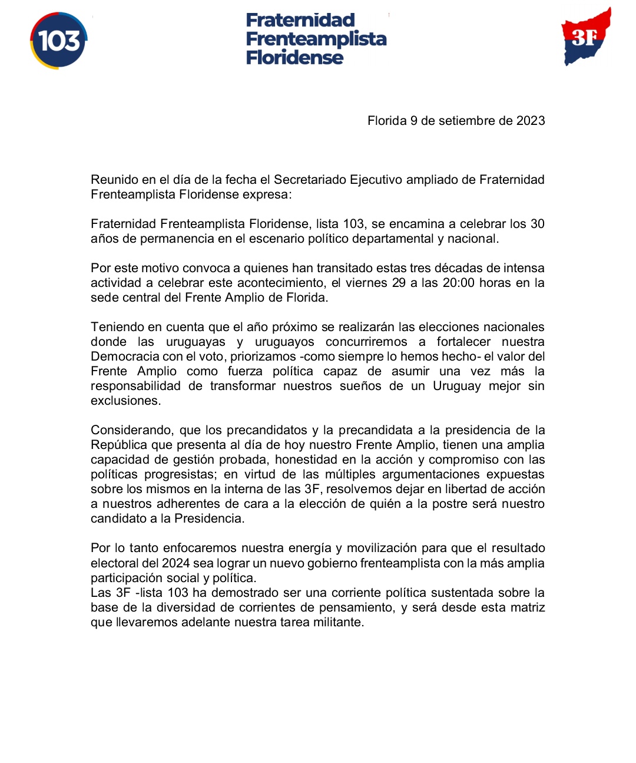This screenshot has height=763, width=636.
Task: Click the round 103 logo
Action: (x=58, y=41)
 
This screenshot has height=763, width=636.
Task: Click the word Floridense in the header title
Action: (x=294, y=58)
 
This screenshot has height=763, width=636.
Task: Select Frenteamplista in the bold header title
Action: (x=316, y=39)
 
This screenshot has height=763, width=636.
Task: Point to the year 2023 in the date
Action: (x=531, y=121)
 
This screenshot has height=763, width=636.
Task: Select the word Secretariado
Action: (x=310, y=180)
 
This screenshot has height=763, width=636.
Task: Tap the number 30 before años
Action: (x=537, y=224)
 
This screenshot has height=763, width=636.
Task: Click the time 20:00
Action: (x=458, y=283)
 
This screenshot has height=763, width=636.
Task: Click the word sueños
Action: (x=360, y=386)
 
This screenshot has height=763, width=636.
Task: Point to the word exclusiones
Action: (x=125, y=401)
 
